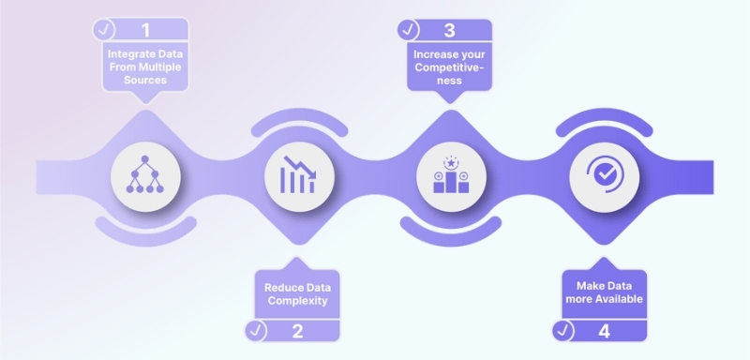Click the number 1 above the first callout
(146, 29)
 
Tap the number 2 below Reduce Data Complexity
(297, 330)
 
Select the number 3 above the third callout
(449, 29)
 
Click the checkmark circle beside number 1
(106, 29)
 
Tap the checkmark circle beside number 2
(256, 330)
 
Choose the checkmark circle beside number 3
(410, 29)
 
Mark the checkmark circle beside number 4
(562, 330)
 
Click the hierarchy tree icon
(145, 174)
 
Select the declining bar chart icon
(297, 174)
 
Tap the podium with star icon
(449, 174)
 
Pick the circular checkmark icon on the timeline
(602, 174)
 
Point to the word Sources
(145, 82)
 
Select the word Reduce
(278, 286)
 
